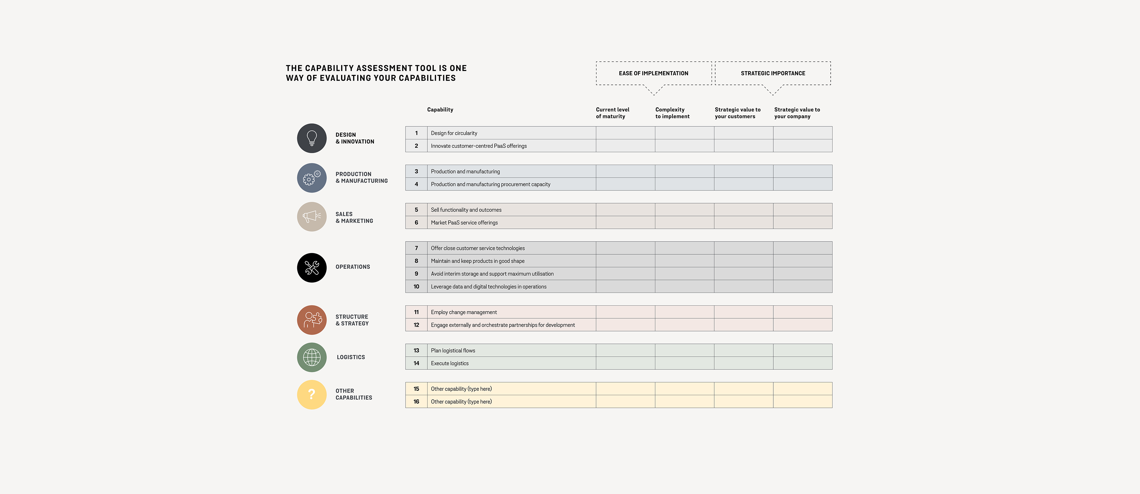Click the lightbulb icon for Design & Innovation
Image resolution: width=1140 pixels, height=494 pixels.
point(311,139)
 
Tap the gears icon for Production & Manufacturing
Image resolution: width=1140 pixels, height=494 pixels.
point(311,178)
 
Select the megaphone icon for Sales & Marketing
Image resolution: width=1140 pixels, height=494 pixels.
point(311,217)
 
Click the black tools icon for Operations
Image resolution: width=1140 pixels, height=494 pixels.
point(311,268)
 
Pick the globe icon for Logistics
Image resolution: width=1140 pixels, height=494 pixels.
point(311,357)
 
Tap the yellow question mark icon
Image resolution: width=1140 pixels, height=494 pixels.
point(311,395)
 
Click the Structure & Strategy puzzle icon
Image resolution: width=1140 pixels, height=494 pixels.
point(311,320)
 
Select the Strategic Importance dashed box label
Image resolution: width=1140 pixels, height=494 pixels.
point(773,73)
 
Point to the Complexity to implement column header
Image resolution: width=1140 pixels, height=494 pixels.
point(672,113)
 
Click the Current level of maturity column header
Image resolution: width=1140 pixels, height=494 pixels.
point(612,113)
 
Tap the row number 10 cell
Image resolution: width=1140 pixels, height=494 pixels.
point(416,287)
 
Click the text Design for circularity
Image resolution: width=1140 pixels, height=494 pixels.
point(454,133)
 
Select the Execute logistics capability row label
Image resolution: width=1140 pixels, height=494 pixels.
point(450,363)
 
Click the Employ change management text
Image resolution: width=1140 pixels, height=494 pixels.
point(464,312)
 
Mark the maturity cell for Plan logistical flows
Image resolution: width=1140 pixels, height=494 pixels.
point(625,351)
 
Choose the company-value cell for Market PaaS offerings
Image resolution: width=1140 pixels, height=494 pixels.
point(802,223)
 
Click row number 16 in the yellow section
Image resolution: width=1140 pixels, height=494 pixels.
point(416,401)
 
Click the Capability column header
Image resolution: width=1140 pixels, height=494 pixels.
point(440,110)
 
